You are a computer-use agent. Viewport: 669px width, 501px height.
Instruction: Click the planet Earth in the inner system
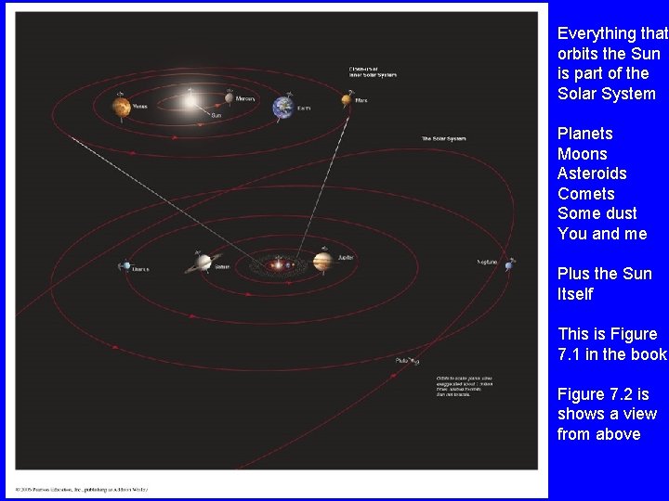(x=282, y=108)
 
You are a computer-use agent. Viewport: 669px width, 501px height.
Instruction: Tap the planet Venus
(x=121, y=109)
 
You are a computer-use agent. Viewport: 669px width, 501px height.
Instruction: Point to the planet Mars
(x=346, y=100)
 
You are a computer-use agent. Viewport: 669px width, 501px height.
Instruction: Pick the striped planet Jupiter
(x=321, y=262)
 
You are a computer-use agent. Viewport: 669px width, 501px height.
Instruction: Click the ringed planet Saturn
(x=203, y=263)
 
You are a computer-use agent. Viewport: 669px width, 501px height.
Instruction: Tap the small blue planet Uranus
(x=126, y=266)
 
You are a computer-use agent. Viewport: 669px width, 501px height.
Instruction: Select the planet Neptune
(x=509, y=265)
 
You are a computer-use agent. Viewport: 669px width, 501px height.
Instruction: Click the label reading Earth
(x=304, y=109)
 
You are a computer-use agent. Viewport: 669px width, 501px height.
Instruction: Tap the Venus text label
(x=140, y=107)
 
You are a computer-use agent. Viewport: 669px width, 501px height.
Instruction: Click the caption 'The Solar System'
(x=443, y=139)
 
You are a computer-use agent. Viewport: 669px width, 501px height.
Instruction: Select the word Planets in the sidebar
(x=585, y=134)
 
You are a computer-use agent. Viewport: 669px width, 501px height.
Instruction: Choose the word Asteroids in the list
(x=592, y=173)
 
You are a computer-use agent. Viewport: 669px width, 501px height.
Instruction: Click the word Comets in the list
(x=586, y=194)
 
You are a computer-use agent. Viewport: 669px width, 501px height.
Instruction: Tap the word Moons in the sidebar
(x=582, y=154)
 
